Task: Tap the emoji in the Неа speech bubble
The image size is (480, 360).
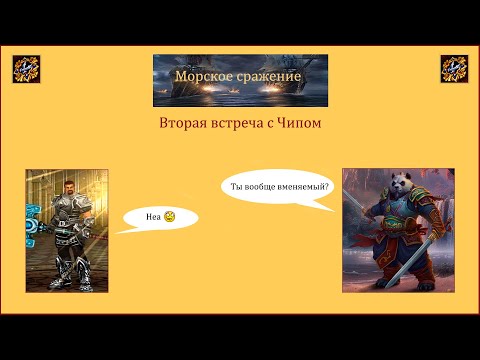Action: pos(170,216)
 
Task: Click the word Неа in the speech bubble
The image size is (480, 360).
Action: pos(153,216)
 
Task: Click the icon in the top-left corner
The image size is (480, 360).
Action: pos(24,69)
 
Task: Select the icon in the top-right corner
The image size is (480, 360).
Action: pos(455,69)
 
